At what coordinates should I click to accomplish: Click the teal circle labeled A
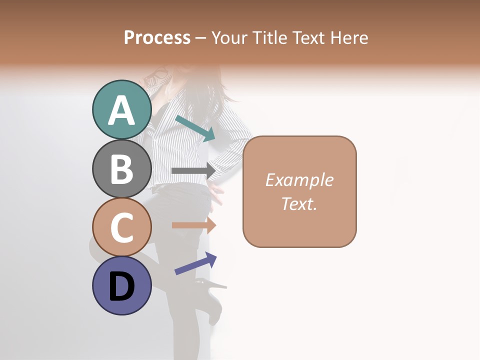coord(121,109)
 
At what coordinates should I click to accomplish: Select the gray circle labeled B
coord(121,168)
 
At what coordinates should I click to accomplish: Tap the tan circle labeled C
coord(121,227)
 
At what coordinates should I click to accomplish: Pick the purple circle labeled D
coord(121,285)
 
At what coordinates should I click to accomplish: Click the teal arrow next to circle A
coord(195,128)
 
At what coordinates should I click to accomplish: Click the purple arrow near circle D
coord(195,263)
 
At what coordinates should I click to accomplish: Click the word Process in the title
coord(157,37)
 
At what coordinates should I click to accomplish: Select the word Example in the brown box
coord(299,180)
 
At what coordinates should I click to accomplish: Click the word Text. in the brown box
coord(299,203)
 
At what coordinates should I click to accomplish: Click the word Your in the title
coord(229,37)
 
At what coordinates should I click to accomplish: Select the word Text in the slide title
coord(308,37)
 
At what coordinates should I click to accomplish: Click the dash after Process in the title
coord(200,38)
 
